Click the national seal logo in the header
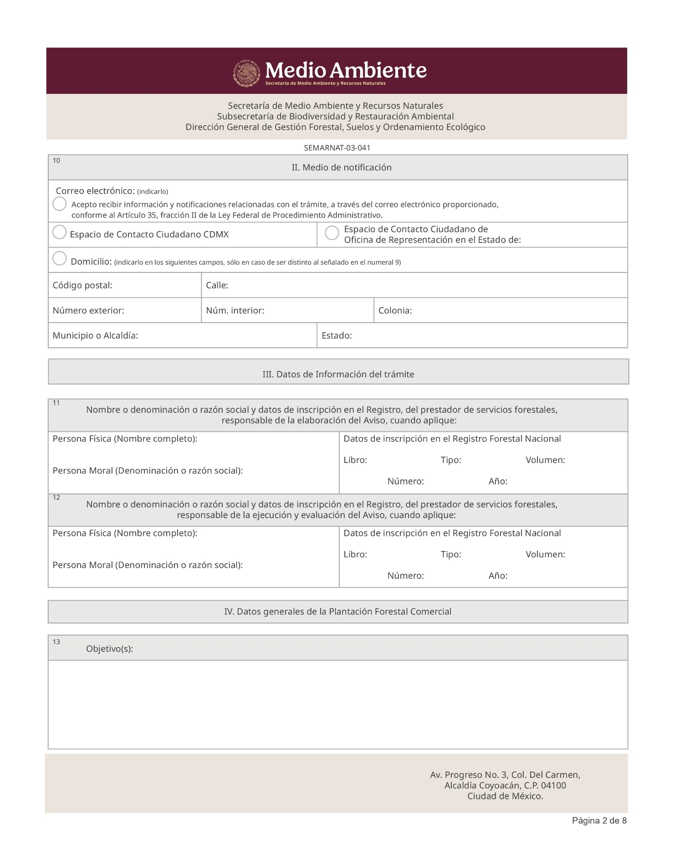point(246,73)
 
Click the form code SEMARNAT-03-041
point(337,148)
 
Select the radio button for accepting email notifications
point(60,204)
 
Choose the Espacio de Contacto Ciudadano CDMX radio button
point(60,232)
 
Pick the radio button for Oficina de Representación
point(332,233)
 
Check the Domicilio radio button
point(60,258)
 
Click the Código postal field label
point(82,286)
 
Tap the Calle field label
point(217,286)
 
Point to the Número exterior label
point(88,311)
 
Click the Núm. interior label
point(235,311)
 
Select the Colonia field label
point(395,311)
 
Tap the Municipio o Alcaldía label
point(95,336)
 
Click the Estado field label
point(337,336)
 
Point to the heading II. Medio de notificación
point(341,168)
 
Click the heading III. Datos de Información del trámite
point(338,375)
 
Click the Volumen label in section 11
point(545,460)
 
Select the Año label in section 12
point(498,576)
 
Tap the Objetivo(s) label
point(109,649)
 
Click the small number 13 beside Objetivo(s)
point(56,642)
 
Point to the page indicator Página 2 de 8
point(599,821)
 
